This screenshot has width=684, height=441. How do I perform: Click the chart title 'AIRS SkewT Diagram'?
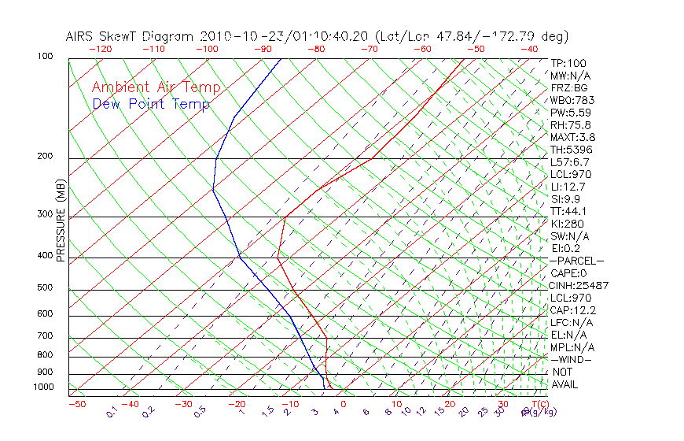[x=131, y=37]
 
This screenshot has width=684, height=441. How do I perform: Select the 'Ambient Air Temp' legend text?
[x=156, y=88]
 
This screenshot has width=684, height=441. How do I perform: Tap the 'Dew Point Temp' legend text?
[x=151, y=104]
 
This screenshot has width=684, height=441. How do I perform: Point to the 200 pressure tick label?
[x=46, y=157]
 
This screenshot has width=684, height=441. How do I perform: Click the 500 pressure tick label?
[x=46, y=288]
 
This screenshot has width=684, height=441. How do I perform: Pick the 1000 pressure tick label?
[x=43, y=387]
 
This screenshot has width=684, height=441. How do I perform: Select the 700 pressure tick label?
[x=46, y=337]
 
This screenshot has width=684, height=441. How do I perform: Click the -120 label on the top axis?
[x=100, y=49]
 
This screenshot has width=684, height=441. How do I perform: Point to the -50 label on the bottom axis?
[x=76, y=404]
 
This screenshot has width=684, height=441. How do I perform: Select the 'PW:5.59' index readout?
[x=570, y=113]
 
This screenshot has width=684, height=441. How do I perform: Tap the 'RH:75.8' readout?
[x=570, y=125]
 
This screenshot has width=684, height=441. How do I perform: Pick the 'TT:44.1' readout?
[x=569, y=211]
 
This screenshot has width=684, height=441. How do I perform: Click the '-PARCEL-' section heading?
[x=576, y=261]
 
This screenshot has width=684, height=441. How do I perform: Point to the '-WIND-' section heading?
[x=572, y=359]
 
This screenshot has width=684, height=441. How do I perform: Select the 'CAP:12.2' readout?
[x=572, y=309]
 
